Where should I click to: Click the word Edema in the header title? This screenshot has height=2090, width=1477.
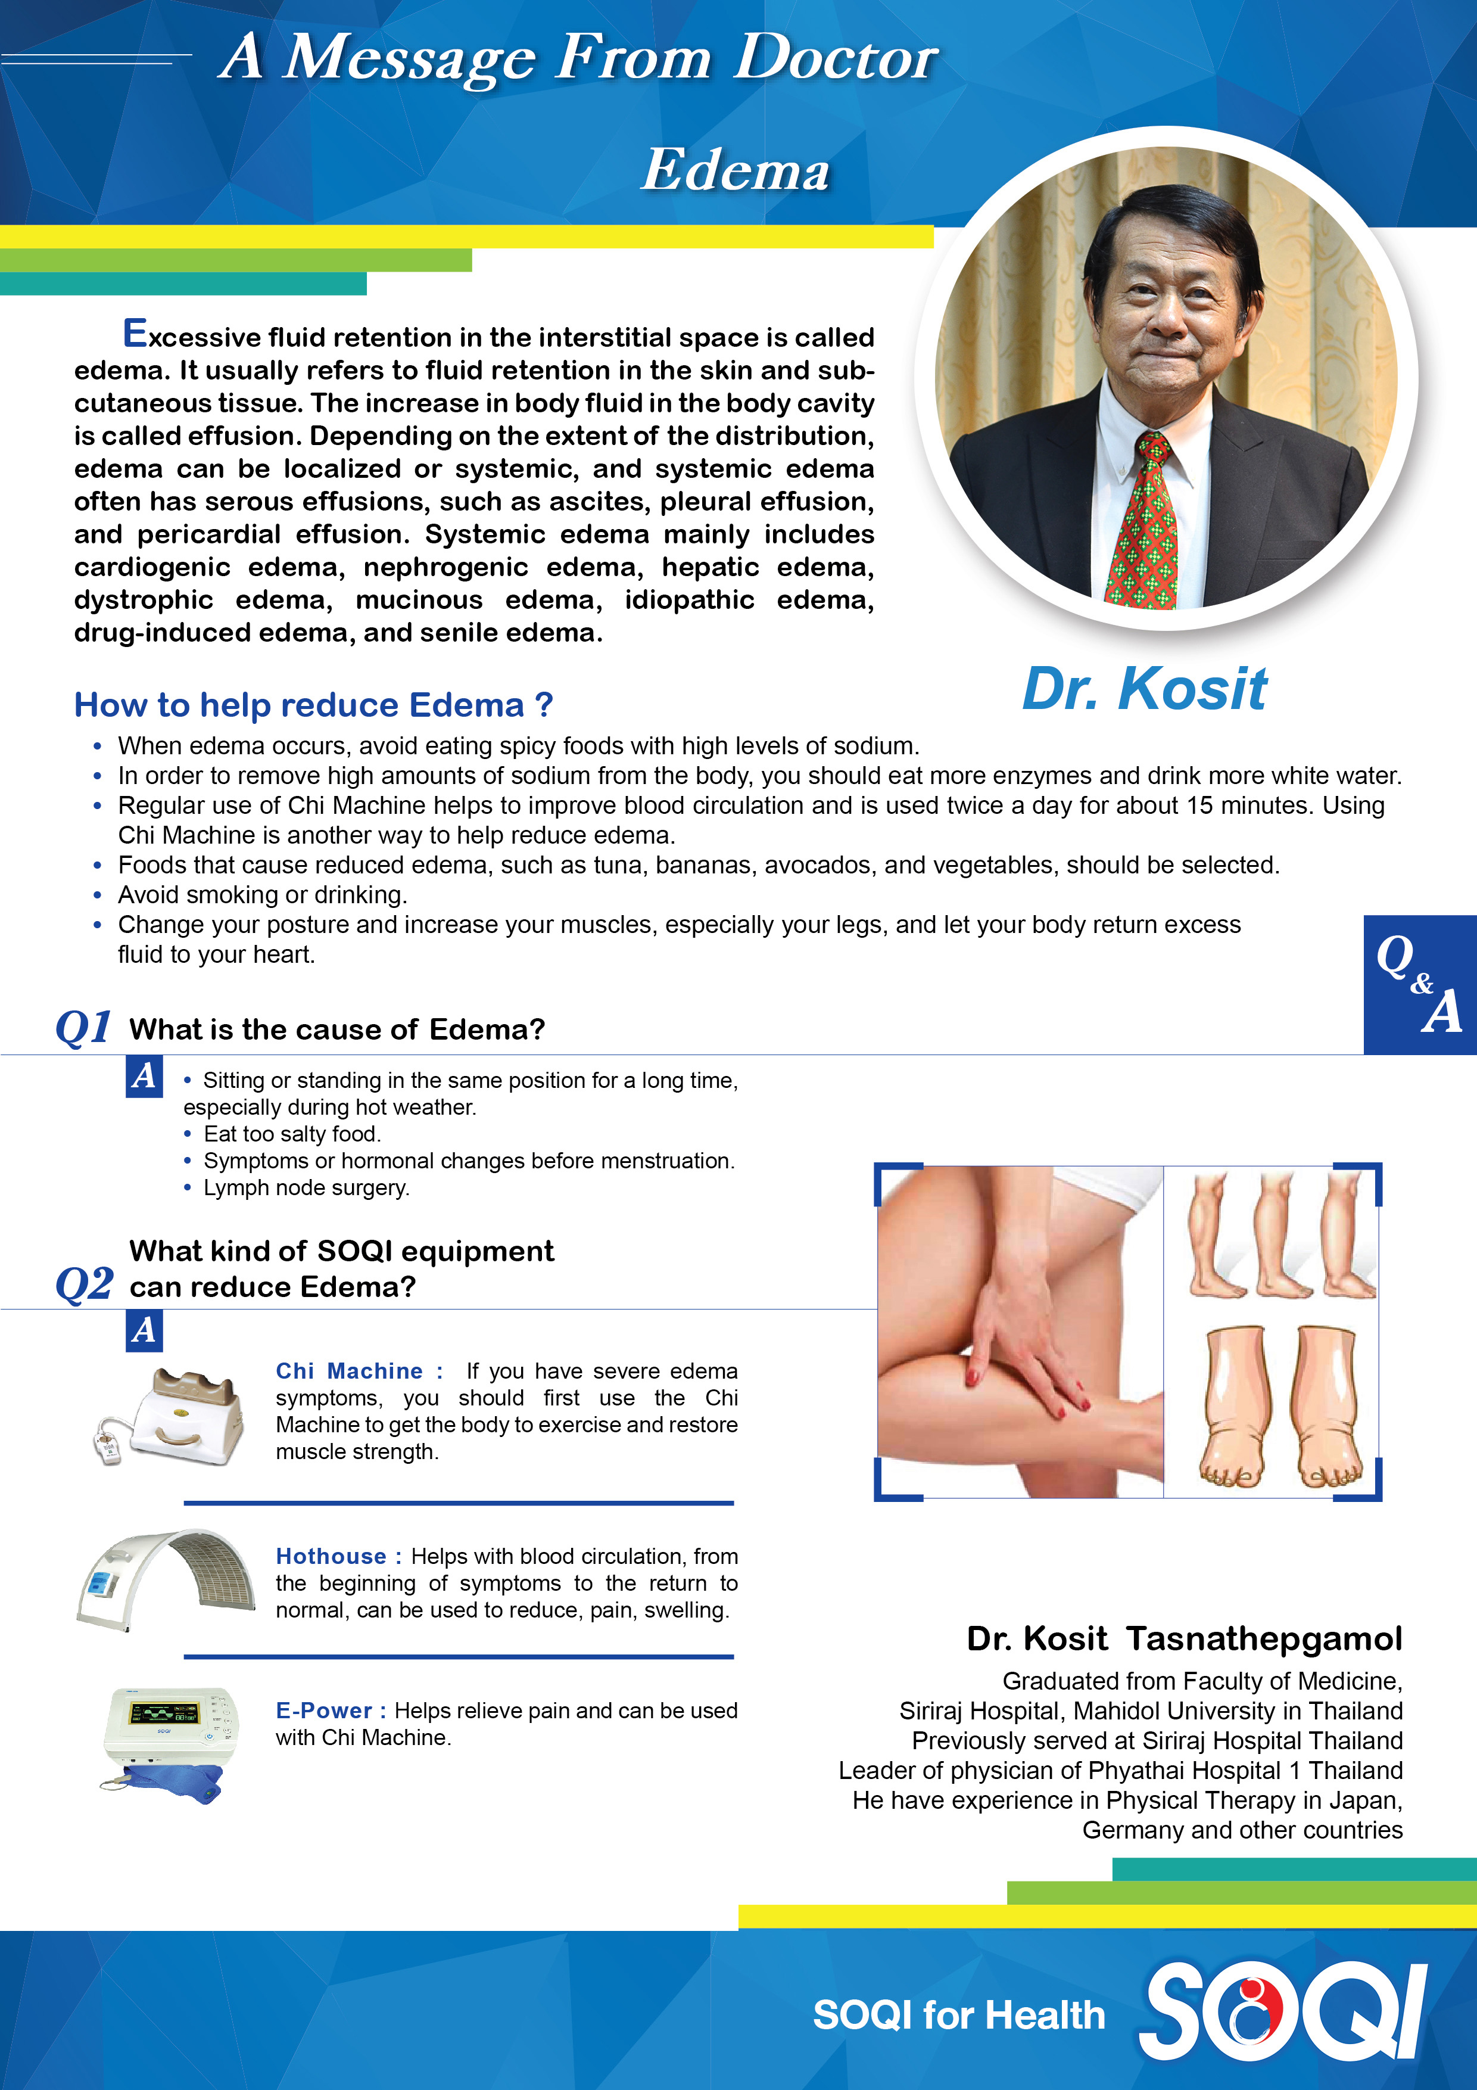tap(736, 170)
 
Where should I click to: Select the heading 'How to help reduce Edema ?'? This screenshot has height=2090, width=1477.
tap(313, 705)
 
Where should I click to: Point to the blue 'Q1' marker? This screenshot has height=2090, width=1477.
tap(84, 1028)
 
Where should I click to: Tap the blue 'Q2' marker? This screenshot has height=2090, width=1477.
tap(85, 1285)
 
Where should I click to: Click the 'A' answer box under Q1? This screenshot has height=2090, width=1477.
tap(144, 1076)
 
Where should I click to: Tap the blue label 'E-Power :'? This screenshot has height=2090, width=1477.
tap(331, 1711)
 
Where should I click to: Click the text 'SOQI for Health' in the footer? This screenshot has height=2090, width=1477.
tap(958, 2016)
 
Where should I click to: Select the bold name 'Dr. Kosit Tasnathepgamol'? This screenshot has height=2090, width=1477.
tap(1183, 1638)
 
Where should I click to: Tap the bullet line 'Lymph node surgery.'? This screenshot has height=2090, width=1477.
tap(306, 1188)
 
